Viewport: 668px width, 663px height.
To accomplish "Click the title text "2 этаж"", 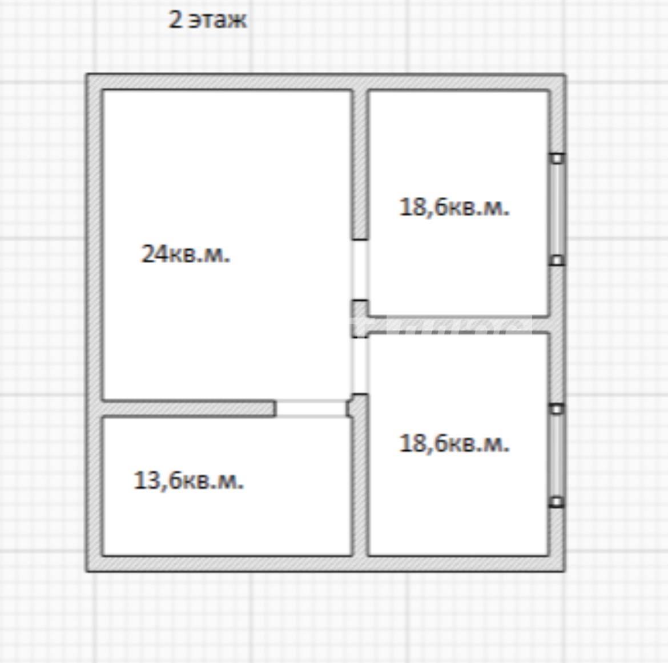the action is [x=207, y=20].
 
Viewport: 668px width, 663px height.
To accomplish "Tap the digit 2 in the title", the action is [x=175, y=19].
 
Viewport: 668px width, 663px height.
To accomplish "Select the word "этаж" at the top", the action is [x=218, y=21].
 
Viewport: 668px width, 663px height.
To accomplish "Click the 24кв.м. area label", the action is [x=186, y=254].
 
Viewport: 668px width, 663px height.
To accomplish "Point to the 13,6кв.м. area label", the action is [x=188, y=481].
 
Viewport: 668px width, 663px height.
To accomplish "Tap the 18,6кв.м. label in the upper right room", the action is [x=454, y=207].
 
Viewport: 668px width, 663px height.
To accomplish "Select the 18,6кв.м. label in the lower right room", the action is [x=454, y=443].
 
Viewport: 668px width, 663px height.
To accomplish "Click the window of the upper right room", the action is [x=557, y=209].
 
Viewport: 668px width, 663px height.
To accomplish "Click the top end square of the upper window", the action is [x=557, y=159].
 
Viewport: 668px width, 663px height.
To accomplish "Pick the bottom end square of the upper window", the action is [x=557, y=260].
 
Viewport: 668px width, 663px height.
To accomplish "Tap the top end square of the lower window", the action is [x=557, y=409].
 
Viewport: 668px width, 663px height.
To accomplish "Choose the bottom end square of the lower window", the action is [x=557, y=502].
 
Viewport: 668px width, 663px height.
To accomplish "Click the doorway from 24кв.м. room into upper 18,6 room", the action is [x=360, y=270].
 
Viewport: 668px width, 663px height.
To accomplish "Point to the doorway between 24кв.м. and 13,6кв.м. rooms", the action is [x=311, y=409].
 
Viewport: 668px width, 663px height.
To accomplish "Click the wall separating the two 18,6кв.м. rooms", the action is [x=458, y=325].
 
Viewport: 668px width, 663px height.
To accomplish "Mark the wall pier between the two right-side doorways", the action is [x=360, y=319].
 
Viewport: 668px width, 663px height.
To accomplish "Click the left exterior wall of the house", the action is [x=94, y=323].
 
